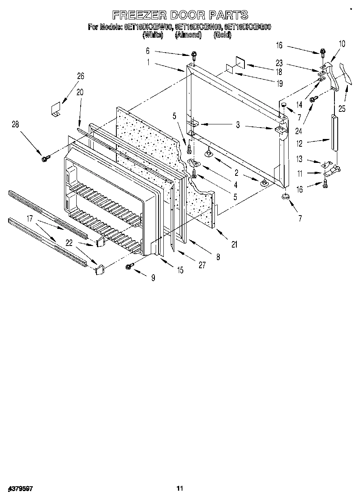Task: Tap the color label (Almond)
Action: (x=188, y=35)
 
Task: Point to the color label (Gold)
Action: (x=222, y=35)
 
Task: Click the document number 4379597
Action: (x=20, y=489)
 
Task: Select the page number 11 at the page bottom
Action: (x=180, y=488)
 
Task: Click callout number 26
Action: (x=80, y=75)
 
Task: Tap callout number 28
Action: (x=15, y=125)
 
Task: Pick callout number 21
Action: (x=234, y=244)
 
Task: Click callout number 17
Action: (x=30, y=219)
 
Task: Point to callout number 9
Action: (x=153, y=278)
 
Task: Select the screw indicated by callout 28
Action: (x=45, y=158)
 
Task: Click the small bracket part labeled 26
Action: (x=56, y=109)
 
